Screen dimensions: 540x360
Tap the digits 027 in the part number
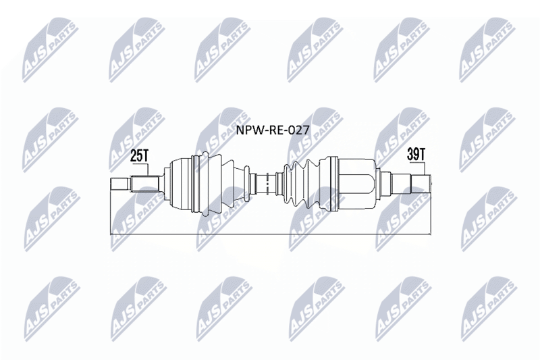[294, 130]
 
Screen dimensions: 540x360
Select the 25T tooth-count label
[140, 156]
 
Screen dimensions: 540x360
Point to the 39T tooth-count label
[416, 155]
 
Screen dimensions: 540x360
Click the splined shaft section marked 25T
[145, 184]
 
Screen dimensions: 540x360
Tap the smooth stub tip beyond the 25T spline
[121, 183]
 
